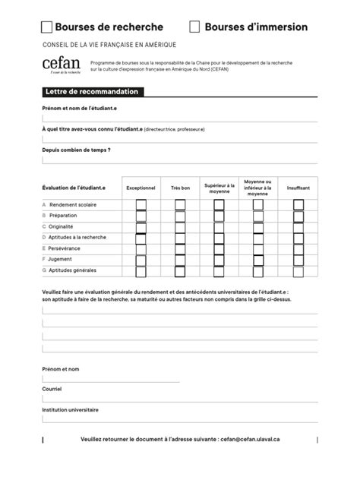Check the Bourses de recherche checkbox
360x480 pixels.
(x=46, y=27)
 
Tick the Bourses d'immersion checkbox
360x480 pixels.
(x=194, y=27)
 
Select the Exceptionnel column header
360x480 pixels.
(x=141, y=187)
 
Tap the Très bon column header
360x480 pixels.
(x=180, y=187)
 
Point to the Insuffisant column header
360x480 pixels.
(x=298, y=187)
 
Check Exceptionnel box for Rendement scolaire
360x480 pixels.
(x=141, y=204)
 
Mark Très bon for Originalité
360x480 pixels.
(x=180, y=226)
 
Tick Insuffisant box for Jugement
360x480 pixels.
(x=298, y=259)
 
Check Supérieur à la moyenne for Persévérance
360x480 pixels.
(x=219, y=248)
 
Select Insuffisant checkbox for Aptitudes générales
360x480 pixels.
(x=298, y=270)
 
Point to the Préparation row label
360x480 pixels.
(x=62, y=216)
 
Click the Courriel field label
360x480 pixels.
(x=52, y=388)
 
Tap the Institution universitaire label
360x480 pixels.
(x=71, y=409)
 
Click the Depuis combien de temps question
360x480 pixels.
(x=77, y=150)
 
